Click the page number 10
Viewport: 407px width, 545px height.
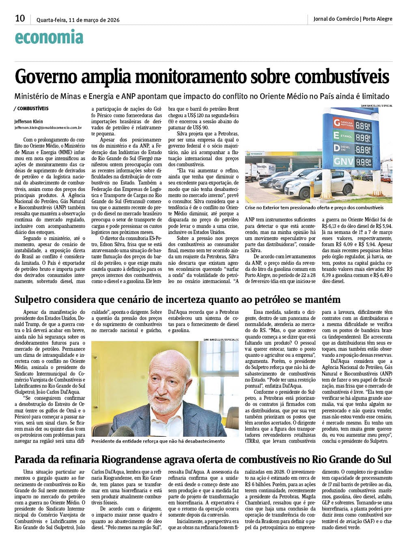pyautogui.click(x=20, y=18)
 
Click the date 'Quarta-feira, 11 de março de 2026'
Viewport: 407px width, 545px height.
pyautogui.click(x=78, y=20)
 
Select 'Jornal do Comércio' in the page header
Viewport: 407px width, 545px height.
pyautogui.click(x=336, y=19)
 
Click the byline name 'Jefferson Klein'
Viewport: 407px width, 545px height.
pyautogui.click(x=28, y=121)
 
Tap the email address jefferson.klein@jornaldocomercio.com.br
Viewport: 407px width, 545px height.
pyautogui.click(x=48, y=127)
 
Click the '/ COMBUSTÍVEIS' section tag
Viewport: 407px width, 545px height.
pyautogui.click(x=31, y=109)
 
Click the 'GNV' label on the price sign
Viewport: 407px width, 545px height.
pyautogui.click(x=343, y=162)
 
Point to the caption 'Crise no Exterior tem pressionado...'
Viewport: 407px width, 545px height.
pyautogui.click(x=314, y=208)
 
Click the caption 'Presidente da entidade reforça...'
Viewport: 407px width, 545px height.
pyautogui.click(x=158, y=441)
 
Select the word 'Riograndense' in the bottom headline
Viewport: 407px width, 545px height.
pyautogui.click(x=132, y=459)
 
